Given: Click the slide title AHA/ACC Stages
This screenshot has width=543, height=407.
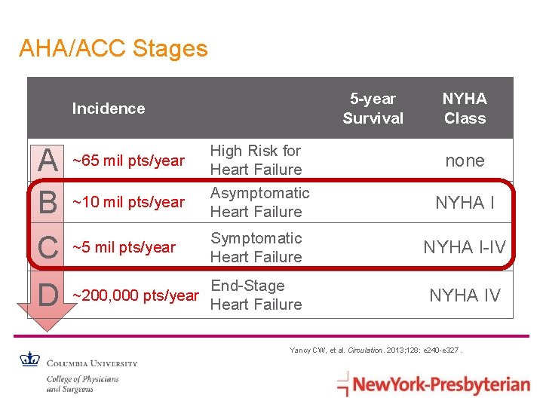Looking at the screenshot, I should click(x=113, y=49).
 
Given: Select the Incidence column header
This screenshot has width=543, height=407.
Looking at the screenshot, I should click(x=108, y=109).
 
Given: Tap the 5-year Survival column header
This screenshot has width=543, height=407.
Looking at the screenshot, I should click(x=373, y=109).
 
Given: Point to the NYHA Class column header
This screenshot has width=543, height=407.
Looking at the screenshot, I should click(x=465, y=109).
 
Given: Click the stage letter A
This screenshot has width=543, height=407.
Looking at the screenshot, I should click(x=48, y=161).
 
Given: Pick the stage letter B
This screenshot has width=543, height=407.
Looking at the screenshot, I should click(x=48, y=202).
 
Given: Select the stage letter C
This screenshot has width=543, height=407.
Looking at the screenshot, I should click(x=48, y=248).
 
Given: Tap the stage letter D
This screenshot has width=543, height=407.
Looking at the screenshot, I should click(x=48, y=295).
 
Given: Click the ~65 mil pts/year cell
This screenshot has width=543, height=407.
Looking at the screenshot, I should click(x=127, y=161).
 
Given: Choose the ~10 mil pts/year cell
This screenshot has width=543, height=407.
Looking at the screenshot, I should click(x=127, y=202).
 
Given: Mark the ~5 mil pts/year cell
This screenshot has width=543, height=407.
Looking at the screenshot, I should click(x=124, y=247).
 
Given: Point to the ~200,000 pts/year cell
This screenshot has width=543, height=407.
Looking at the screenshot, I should click(x=135, y=295).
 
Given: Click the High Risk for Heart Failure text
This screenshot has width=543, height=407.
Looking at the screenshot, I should click(x=256, y=161).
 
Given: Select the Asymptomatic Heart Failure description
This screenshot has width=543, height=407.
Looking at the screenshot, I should click(x=259, y=202).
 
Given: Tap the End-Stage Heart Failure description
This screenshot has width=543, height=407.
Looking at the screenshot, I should click(x=256, y=295).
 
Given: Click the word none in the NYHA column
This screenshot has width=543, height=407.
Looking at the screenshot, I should click(x=465, y=161).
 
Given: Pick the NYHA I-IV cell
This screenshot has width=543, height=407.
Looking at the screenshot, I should click(x=464, y=247).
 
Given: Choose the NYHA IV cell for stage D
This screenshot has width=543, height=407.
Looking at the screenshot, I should click(x=465, y=295).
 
